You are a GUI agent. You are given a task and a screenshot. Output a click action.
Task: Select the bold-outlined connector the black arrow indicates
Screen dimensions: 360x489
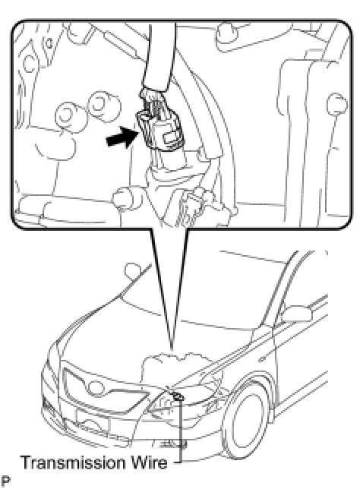click(x=158, y=131)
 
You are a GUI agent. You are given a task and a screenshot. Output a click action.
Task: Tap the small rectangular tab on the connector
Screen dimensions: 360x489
click(x=170, y=138)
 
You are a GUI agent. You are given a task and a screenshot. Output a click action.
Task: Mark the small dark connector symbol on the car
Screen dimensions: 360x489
click(x=178, y=396)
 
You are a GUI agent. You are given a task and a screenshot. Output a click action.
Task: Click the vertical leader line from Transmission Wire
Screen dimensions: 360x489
click(x=180, y=431)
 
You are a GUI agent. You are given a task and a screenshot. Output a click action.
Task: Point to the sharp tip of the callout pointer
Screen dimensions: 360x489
click(x=171, y=350)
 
